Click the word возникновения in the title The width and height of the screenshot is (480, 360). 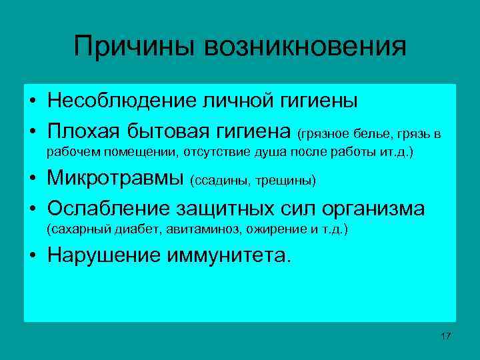pyautogui.click(x=305, y=47)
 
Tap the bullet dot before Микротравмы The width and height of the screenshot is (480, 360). pyautogui.click(x=33, y=180)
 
